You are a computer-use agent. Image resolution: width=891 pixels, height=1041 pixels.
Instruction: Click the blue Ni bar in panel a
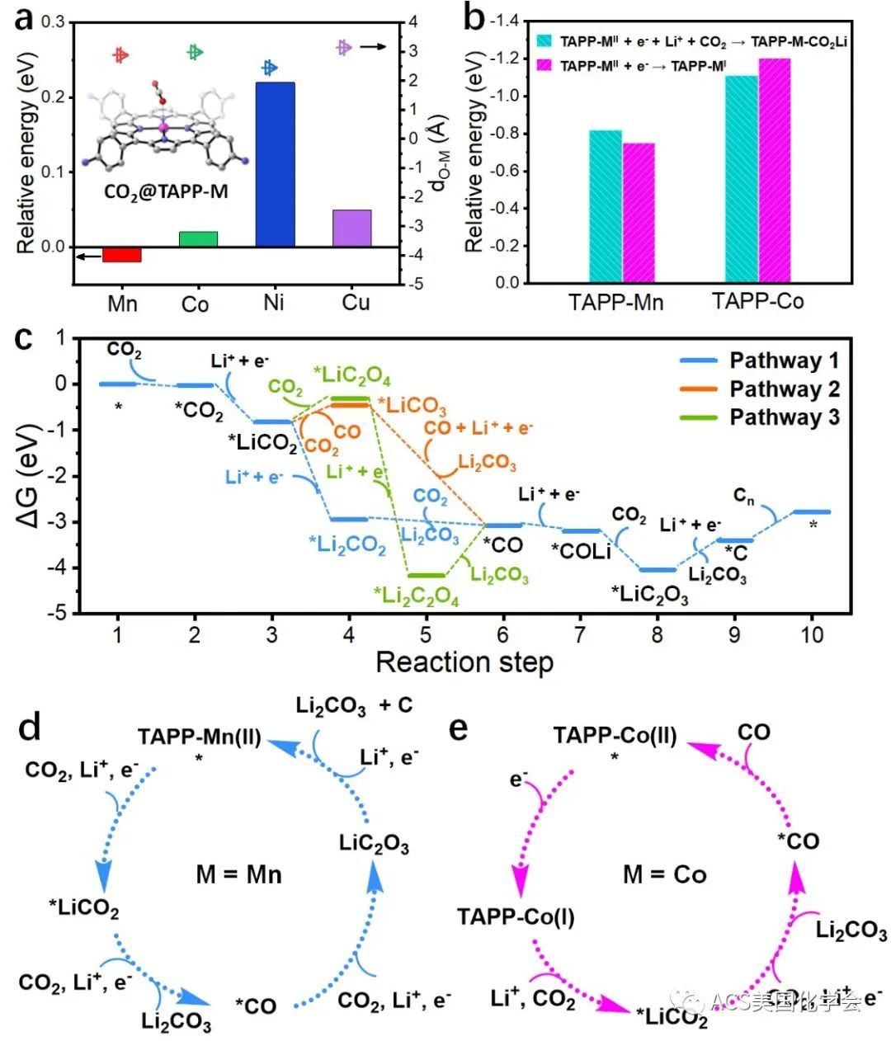click(x=275, y=164)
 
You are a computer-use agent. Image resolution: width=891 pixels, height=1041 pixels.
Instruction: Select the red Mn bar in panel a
click(x=122, y=255)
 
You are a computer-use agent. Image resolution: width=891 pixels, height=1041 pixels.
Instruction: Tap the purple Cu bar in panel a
click(x=352, y=228)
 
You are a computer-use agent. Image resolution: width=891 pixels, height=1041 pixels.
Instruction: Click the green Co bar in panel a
click(x=198, y=238)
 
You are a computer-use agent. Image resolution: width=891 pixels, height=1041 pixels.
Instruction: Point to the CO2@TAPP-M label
click(x=166, y=191)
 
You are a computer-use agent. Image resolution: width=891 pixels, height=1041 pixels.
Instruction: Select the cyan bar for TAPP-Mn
click(x=606, y=206)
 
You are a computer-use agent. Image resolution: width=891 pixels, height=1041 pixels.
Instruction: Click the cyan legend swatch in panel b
click(x=544, y=40)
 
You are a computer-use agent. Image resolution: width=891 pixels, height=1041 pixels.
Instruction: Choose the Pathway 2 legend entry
click(x=784, y=389)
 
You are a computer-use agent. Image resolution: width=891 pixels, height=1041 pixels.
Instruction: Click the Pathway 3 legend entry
click(x=784, y=417)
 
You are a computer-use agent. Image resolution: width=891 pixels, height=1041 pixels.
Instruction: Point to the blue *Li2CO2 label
click(x=347, y=544)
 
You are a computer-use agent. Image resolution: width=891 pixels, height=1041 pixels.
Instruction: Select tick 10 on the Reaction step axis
click(x=813, y=634)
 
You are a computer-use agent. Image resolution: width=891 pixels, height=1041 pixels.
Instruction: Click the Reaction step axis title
click(x=464, y=662)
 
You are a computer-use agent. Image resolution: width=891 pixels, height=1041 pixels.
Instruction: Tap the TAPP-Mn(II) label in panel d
click(x=200, y=737)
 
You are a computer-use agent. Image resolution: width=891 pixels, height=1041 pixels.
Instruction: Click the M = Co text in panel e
click(x=664, y=874)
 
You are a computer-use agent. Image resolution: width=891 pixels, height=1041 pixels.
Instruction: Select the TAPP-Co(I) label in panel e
click(x=516, y=916)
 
